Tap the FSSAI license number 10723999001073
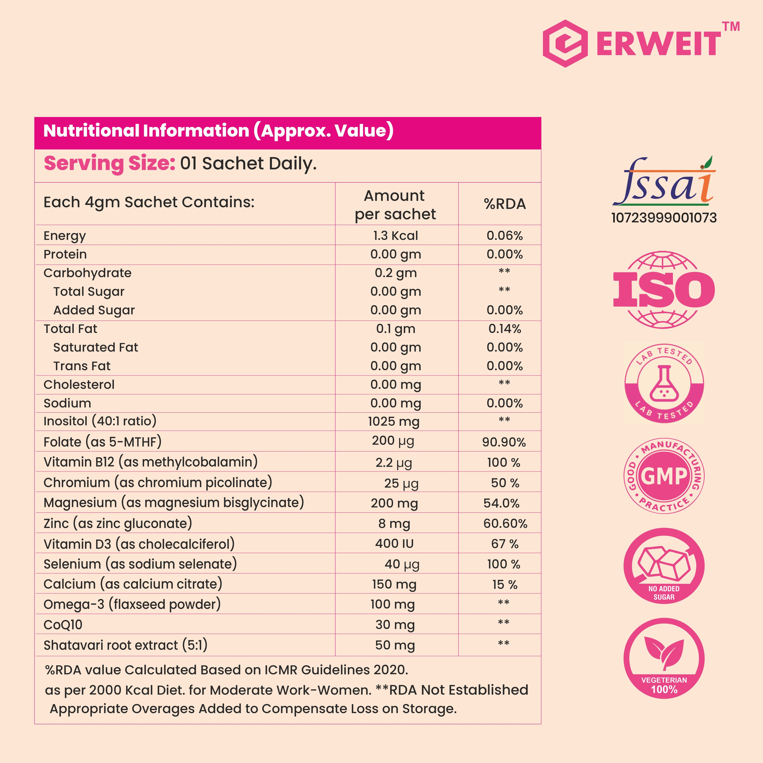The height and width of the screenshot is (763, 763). click(664, 218)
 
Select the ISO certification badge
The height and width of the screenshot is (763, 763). click(664, 290)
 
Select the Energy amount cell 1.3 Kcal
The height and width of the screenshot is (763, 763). click(396, 236)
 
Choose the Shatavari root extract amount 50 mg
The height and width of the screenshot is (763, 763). click(395, 645)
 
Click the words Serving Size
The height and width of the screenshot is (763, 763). click(109, 164)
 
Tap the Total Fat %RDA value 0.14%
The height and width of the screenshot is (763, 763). click(505, 329)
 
